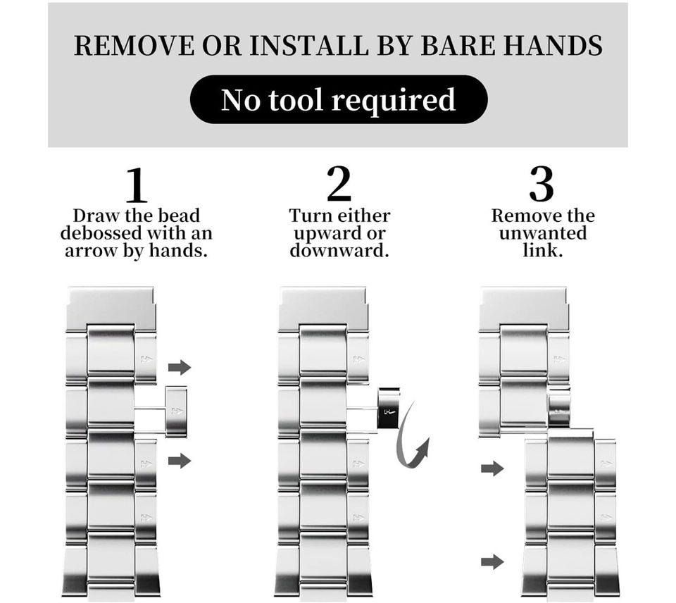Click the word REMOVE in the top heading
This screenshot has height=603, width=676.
(x=134, y=45)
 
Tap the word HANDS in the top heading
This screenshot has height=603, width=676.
(x=553, y=45)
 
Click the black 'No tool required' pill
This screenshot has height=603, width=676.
(x=339, y=99)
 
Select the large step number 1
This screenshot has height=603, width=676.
(x=136, y=185)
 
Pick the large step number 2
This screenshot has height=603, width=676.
(x=339, y=184)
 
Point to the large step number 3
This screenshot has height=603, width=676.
(x=542, y=184)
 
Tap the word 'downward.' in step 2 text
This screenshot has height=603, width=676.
(x=339, y=250)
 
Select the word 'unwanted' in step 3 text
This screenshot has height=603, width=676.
(x=543, y=233)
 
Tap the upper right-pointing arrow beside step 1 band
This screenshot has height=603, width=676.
(x=180, y=368)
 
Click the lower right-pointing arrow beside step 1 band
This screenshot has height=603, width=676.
(x=180, y=461)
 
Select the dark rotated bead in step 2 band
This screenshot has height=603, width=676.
(x=389, y=409)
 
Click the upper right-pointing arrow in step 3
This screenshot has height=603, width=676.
(x=492, y=468)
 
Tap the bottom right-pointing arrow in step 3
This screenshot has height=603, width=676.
(x=492, y=561)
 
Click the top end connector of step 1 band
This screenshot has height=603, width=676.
(x=111, y=308)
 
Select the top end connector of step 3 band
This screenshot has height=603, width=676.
(x=524, y=308)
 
